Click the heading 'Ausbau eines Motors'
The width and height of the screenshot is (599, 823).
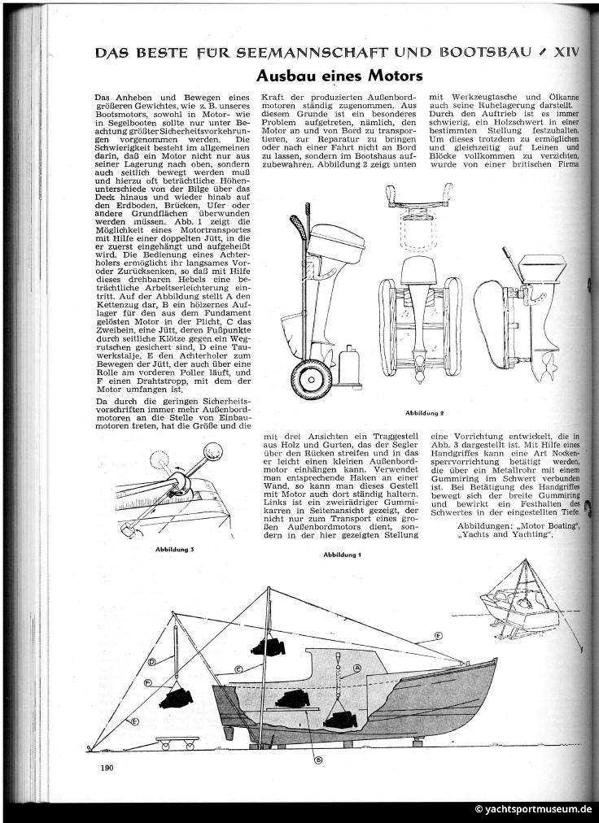coord(340,76)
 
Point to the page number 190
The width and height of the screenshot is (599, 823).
coord(106,766)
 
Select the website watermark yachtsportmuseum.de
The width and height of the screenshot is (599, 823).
coord(533,809)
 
